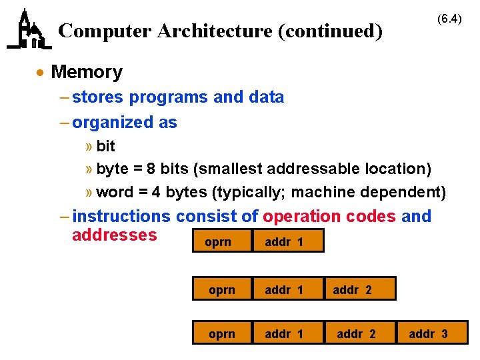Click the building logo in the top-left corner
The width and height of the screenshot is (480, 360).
29,29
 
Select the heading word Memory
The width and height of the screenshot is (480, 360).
87,71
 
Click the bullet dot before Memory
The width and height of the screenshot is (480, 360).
41,72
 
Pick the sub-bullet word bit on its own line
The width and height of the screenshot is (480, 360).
105,147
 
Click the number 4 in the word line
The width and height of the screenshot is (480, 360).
155,193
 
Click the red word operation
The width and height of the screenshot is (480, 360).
302,217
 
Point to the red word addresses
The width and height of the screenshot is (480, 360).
114,235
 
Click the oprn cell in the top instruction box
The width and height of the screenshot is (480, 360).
217,242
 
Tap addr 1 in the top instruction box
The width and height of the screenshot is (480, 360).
284,242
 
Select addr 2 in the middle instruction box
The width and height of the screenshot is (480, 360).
352,290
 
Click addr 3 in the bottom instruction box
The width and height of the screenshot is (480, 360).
428,334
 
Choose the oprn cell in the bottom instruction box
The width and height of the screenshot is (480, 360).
221,334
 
